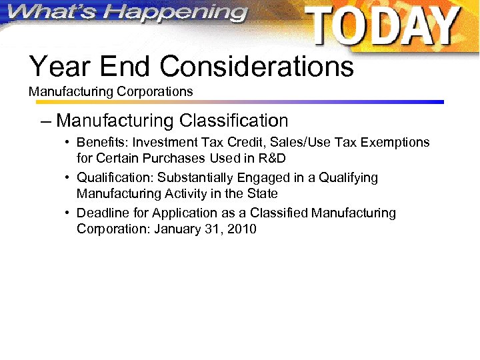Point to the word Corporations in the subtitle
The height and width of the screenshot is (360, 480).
click(x=158, y=91)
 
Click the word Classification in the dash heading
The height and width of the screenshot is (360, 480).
click(x=233, y=121)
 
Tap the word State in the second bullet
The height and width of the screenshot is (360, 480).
click(x=261, y=194)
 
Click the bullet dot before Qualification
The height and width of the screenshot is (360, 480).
click(x=68, y=179)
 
